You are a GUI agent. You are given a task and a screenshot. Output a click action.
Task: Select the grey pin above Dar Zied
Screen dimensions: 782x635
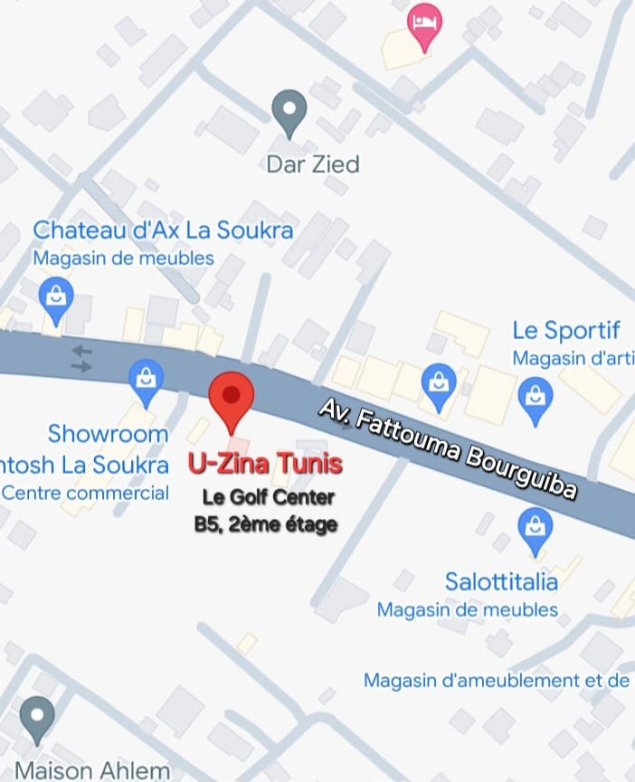289,113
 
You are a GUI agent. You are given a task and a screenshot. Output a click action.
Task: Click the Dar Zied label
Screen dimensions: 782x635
312,164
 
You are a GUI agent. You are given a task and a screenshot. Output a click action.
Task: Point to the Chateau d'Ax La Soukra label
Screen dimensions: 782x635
163,230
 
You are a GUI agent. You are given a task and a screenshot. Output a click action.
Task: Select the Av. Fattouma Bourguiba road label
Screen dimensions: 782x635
448,448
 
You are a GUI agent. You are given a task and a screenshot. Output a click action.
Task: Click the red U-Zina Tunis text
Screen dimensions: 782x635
265,465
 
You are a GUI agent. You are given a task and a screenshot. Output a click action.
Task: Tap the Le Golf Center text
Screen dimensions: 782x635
268,496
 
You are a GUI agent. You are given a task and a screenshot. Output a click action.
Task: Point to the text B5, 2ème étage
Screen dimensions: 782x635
265,523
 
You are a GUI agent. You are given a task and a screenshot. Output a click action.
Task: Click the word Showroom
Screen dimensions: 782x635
108,433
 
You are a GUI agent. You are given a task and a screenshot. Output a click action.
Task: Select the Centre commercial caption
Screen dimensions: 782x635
85,493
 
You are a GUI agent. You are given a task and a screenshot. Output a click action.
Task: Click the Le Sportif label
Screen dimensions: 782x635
566,329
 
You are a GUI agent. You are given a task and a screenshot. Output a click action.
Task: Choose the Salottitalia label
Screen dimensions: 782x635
501,579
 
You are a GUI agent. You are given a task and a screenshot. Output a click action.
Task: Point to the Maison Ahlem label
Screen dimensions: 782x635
92,771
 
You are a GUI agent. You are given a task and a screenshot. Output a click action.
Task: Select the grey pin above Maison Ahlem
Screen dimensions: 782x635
37,720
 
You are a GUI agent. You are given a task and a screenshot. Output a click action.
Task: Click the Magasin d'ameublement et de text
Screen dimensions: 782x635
497,680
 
